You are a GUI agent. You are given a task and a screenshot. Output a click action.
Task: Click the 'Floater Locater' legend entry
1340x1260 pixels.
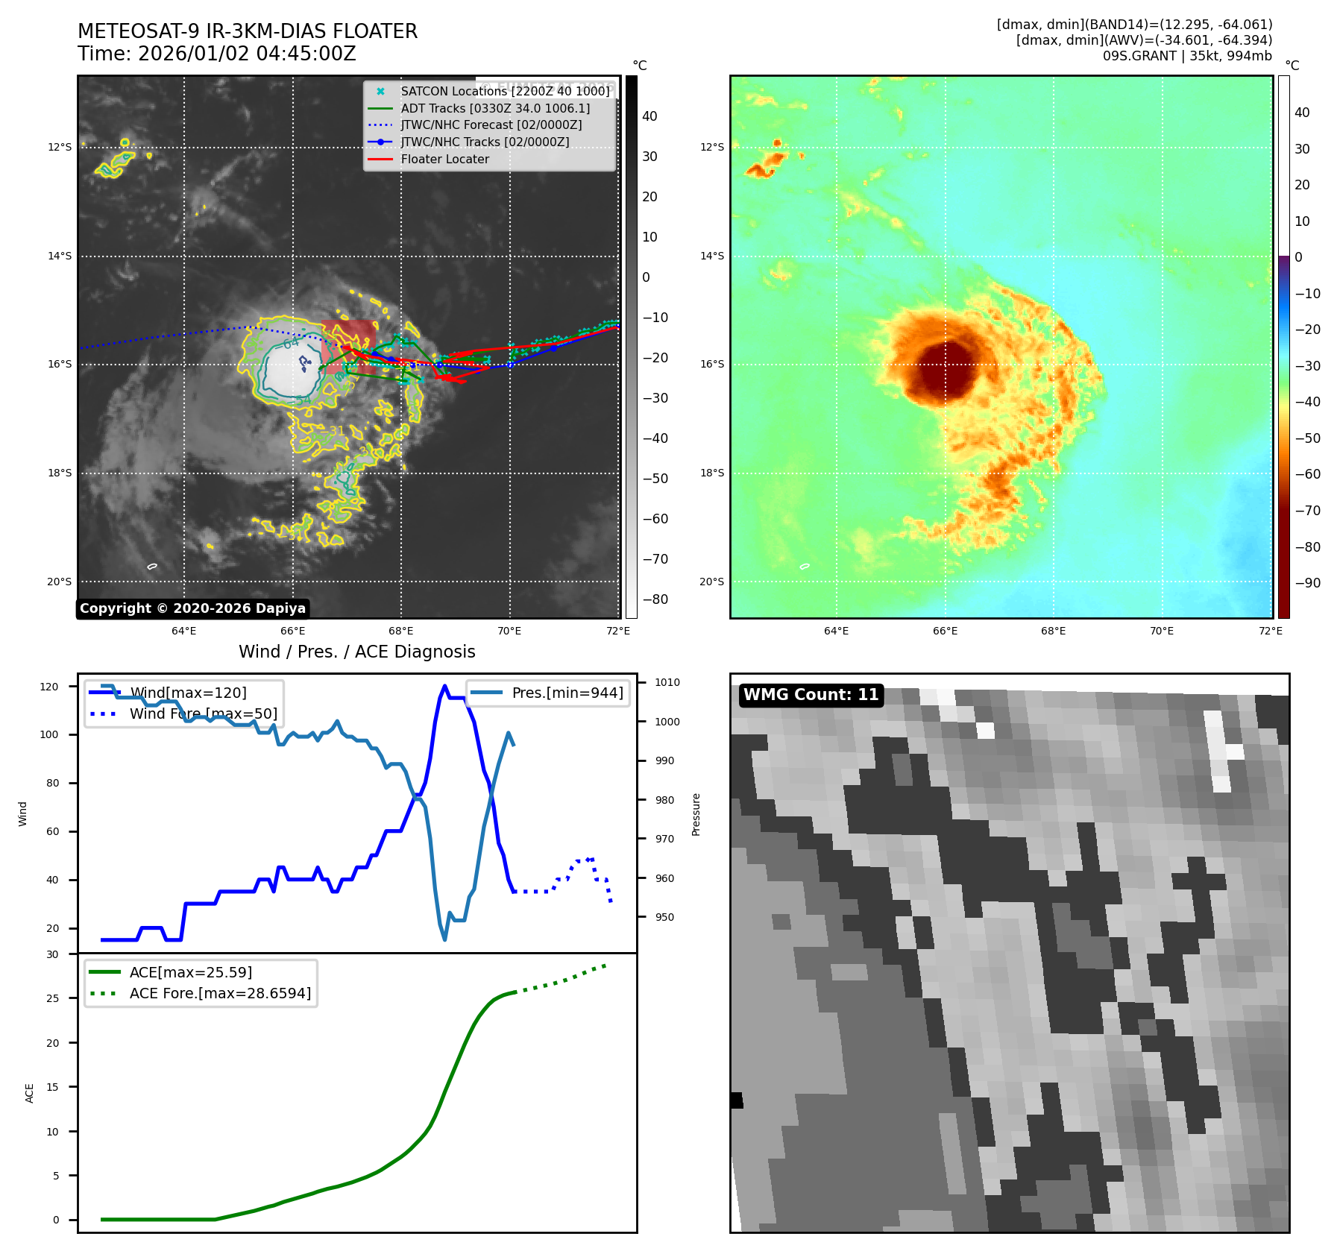coord(444,159)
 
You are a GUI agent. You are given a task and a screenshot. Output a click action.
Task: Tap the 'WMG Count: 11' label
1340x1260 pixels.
coord(811,695)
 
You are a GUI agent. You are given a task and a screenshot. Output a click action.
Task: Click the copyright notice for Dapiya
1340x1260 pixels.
coord(192,608)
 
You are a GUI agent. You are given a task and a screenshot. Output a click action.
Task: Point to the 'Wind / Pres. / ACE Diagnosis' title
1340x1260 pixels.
coord(356,652)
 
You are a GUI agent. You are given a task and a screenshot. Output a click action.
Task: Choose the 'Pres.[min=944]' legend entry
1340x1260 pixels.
coord(567,693)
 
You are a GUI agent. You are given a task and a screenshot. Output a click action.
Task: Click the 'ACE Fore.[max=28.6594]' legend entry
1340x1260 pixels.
coord(220,993)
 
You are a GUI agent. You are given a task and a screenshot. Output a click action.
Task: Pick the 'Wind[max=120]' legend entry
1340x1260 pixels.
coord(188,693)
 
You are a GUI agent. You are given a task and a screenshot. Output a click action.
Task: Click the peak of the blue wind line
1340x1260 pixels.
coord(444,687)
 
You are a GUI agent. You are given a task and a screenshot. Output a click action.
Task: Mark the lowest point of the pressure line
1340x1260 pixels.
coord(444,939)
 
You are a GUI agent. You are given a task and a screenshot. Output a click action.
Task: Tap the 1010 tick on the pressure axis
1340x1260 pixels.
coord(667,682)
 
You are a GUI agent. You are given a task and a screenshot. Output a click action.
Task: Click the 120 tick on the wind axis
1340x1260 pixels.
coord(49,687)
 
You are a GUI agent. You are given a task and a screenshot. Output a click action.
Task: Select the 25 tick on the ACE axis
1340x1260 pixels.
coord(53,998)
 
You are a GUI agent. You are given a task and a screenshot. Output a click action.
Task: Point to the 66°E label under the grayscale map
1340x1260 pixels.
coord(292,631)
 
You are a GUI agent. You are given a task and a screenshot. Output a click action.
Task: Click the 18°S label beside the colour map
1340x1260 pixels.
coord(711,473)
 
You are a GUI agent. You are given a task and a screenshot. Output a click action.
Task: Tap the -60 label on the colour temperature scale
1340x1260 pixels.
coord(1307,474)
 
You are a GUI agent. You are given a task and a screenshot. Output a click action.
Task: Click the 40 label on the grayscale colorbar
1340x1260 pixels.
coord(649,116)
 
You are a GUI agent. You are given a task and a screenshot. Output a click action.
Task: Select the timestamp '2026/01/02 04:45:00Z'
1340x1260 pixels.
coord(247,54)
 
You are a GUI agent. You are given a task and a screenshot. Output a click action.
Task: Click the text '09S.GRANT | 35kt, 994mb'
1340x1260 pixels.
coord(1187,56)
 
